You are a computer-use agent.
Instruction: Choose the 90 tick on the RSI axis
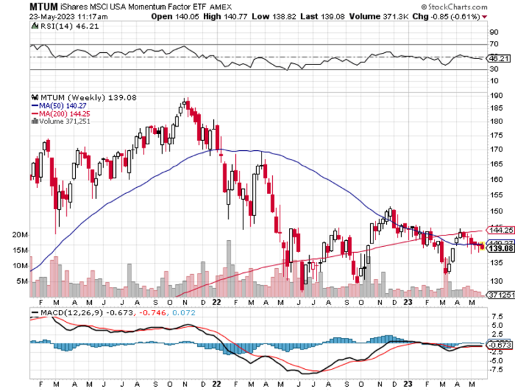496,32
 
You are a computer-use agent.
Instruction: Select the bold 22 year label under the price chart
215,301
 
